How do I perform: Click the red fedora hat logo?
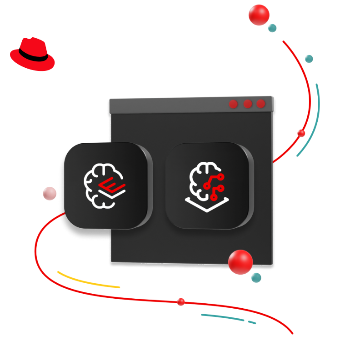point(32,54)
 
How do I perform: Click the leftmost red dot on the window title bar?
point(233,104)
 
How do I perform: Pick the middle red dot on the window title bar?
point(247,104)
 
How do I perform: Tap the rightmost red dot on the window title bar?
point(261,104)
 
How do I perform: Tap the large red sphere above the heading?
point(259,15)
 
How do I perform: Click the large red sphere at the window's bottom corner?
point(240,262)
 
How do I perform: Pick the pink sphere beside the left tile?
point(50,194)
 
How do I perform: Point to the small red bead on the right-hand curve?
point(301,133)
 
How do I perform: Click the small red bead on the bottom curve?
point(181,301)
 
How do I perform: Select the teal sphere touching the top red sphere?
point(272,28)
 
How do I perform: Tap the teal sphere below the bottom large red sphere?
point(256,277)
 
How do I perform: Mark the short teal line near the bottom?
point(227,317)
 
